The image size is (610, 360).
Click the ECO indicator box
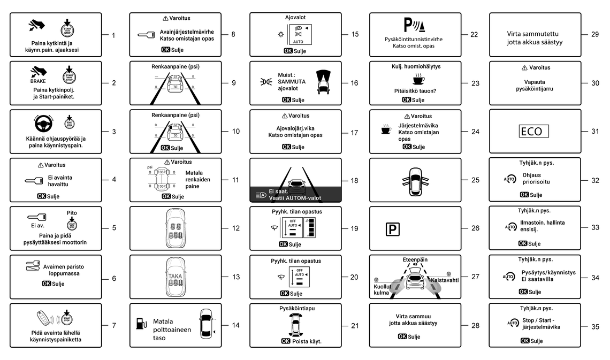pyautogui.click(x=534, y=132)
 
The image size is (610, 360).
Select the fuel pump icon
pyautogui.click(x=140, y=324)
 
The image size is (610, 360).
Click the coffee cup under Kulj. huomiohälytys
pyautogui.click(x=418, y=80)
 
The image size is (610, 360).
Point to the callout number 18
pyautogui.click(x=354, y=180)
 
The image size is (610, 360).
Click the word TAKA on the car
pyautogui.click(x=176, y=276)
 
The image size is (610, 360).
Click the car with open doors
pyautogui.click(x=415, y=180)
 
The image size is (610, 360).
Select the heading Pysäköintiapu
pyautogui.click(x=295, y=308)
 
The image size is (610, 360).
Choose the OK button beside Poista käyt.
pyautogui.click(x=286, y=341)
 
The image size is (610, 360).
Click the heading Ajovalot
pyautogui.click(x=295, y=17)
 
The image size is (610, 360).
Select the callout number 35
pyautogui.click(x=595, y=327)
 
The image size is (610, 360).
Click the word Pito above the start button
pyautogui.click(x=72, y=213)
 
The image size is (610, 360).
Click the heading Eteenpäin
pyautogui.click(x=414, y=259)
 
